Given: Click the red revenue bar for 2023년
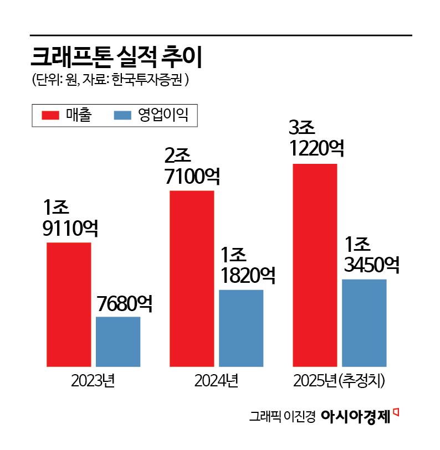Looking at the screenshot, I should pos(69,304).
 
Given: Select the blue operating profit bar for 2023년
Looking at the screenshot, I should pos(118,342).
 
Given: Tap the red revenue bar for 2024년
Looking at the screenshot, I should pos(192,278).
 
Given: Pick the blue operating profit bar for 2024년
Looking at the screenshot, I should pos(241,328).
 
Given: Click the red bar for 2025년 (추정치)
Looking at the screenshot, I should pos(315,265).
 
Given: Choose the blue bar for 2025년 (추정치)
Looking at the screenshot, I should pos(364,323).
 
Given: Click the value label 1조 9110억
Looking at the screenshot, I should pos(70,218).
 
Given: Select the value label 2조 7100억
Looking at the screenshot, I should pos(192,166).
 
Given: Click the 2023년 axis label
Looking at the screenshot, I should pos(93,381).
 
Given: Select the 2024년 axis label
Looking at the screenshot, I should pos(216,381).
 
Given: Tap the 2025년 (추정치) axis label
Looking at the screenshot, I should pos(339,381).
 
